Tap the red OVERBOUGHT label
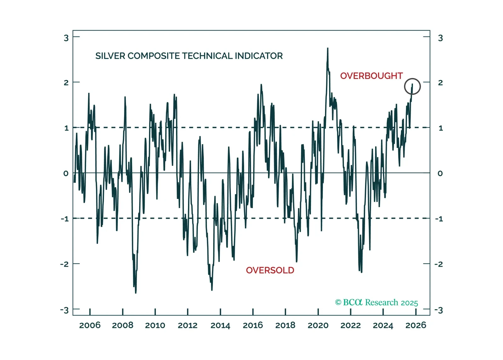(371, 76)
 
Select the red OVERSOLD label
(270, 270)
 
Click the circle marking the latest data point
(412, 86)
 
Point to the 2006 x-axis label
(90, 325)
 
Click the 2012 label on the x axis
(188, 325)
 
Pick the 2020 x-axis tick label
(318, 325)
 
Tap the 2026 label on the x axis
(415, 325)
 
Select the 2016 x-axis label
(253, 325)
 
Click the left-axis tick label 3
(66, 38)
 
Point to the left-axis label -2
(64, 264)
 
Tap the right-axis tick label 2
(440, 83)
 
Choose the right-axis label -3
(439, 310)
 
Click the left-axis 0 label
(66, 173)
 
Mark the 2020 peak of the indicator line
(328, 48)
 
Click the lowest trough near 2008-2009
(136, 293)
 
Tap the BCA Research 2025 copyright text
(376, 302)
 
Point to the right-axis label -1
(439, 219)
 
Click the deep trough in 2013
(212, 290)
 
